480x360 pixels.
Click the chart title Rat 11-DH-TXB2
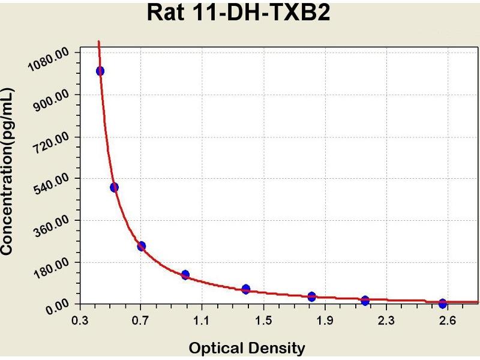click(239, 13)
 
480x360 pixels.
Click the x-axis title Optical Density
click(247, 347)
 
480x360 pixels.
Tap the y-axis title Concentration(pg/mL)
click(8, 171)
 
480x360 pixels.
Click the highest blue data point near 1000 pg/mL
click(100, 71)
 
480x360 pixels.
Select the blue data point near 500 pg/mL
click(114, 187)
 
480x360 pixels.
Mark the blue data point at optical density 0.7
click(142, 246)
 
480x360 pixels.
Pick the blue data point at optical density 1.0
click(185, 275)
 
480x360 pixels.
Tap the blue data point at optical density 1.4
click(245, 289)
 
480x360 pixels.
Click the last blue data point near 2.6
click(443, 304)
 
